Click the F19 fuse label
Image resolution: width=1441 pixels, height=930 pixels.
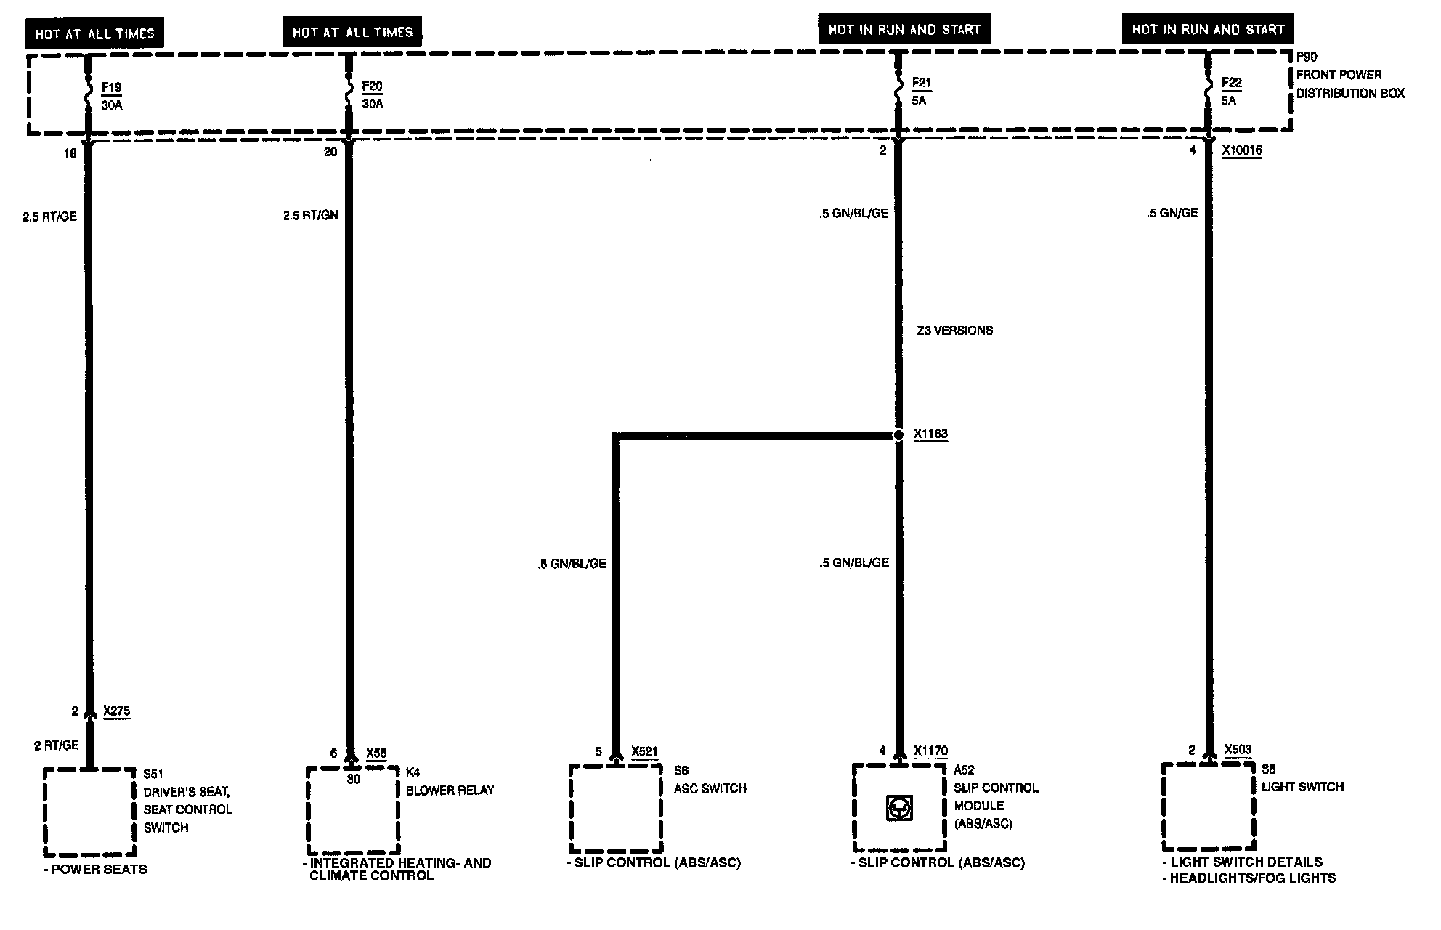tap(111, 88)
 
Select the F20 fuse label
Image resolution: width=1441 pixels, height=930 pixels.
tap(371, 86)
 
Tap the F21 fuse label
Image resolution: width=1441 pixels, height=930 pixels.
tap(921, 84)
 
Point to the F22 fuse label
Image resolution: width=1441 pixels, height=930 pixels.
tap(1232, 83)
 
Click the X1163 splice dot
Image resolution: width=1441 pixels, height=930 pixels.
tap(898, 434)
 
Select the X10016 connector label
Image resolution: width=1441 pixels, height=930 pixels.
tap(1242, 151)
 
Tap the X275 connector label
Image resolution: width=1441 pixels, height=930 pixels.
tap(117, 711)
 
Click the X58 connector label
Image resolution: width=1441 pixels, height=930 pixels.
tap(376, 753)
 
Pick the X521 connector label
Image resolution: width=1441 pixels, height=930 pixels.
tap(644, 752)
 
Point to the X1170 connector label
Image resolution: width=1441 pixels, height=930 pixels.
tap(930, 751)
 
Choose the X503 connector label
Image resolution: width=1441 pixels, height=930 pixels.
tap(1238, 751)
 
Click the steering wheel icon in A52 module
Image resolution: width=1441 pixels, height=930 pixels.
tap(899, 808)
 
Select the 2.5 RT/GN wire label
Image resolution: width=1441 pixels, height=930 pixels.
tap(311, 216)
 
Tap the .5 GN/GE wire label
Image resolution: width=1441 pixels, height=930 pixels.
tap(1172, 213)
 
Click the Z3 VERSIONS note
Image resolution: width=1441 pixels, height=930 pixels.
tap(954, 331)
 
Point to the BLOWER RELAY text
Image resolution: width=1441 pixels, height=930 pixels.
tap(450, 790)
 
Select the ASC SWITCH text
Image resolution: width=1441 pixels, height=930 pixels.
tap(710, 788)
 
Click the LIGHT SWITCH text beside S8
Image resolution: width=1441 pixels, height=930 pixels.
tap(1302, 787)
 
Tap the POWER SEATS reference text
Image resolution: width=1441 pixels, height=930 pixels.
tap(99, 870)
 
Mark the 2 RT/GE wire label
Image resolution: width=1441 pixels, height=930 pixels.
tap(57, 745)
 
